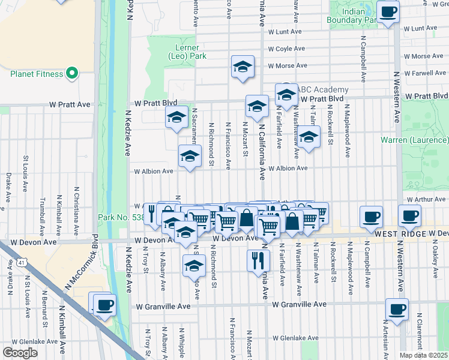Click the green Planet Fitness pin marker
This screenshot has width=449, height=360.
coord(72,74)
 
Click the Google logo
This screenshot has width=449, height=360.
coord(20,353)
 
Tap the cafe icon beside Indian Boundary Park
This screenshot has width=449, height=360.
coord(388,11)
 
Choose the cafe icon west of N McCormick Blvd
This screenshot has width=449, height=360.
coord(104,305)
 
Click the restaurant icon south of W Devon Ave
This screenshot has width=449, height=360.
coord(258,260)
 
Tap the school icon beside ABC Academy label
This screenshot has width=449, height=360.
coord(286,94)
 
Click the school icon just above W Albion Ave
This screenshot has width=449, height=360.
coord(190,156)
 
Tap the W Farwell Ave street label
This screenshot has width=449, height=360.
coord(424,73)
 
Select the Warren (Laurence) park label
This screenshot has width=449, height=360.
coord(414,140)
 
